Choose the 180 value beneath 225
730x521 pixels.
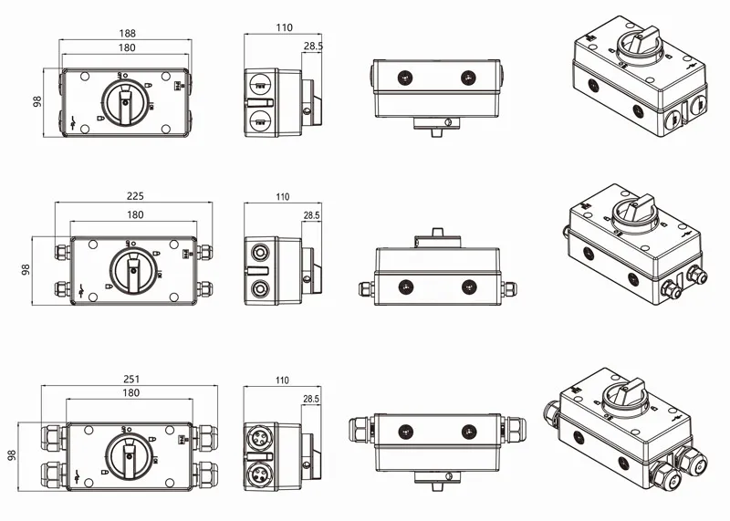point(133,215)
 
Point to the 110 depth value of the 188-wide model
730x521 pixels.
point(283,28)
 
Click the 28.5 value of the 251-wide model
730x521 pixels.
point(311,399)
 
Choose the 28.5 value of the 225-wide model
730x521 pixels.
point(311,215)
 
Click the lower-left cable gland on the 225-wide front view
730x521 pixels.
point(62,289)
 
